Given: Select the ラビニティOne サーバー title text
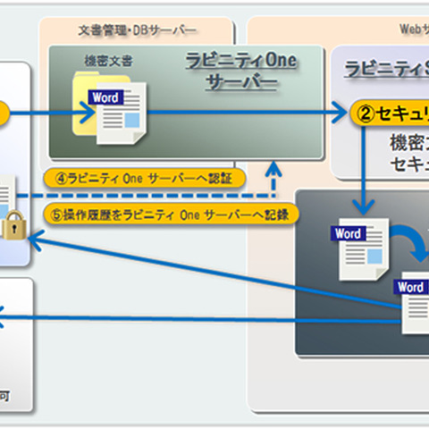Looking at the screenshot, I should [240, 72].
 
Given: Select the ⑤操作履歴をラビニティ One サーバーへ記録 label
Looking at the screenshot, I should [168, 214].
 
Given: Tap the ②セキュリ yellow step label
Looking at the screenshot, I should [390, 114].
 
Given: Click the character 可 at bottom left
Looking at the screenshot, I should [7, 393].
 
